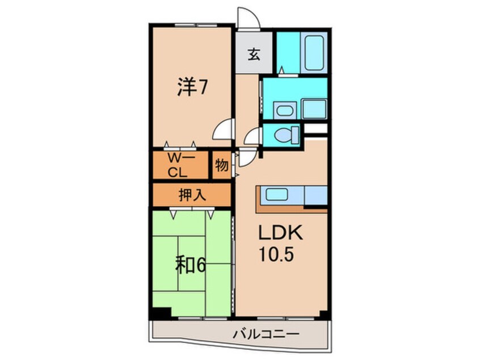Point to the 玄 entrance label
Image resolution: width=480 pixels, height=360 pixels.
pyautogui.click(x=254, y=55)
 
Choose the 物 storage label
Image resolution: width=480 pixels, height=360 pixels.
pyautogui.click(x=222, y=166)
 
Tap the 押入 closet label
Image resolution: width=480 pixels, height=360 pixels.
pyautogui.click(x=191, y=195)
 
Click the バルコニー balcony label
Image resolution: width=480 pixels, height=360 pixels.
pyautogui.click(x=266, y=334)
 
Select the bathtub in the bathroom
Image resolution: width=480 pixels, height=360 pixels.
pyautogui.click(x=313, y=53)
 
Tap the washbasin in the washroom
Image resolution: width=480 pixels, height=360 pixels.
pyautogui.click(x=281, y=109)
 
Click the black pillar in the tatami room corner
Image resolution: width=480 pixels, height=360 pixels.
pyautogui.click(x=162, y=311)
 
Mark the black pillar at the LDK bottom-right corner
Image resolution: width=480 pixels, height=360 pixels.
pyautogui.click(x=323, y=313)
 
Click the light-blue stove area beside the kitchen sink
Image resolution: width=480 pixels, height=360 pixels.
pyautogui.click(x=315, y=195)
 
